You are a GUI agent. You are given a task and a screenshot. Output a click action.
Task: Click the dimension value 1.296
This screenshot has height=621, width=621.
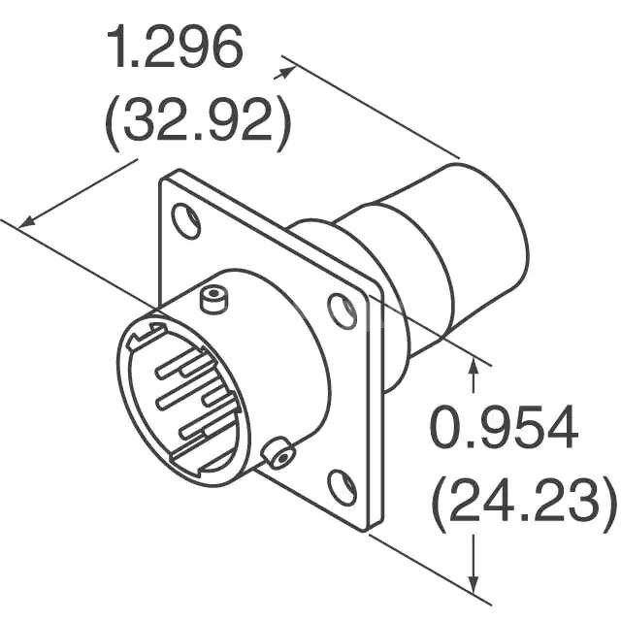click(x=176, y=50)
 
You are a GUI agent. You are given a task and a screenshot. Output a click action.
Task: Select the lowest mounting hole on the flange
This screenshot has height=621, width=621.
click(x=341, y=484)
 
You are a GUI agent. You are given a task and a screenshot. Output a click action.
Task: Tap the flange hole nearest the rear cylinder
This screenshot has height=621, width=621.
click(x=342, y=310)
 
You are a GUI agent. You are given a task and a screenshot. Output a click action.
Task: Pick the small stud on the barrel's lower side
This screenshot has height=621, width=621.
click(x=278, y=453)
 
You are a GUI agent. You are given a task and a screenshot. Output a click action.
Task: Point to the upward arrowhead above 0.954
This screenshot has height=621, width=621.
click(x=474, y=364)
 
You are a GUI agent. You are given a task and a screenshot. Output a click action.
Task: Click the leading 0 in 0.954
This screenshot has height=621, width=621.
click(x=444, y=428)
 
